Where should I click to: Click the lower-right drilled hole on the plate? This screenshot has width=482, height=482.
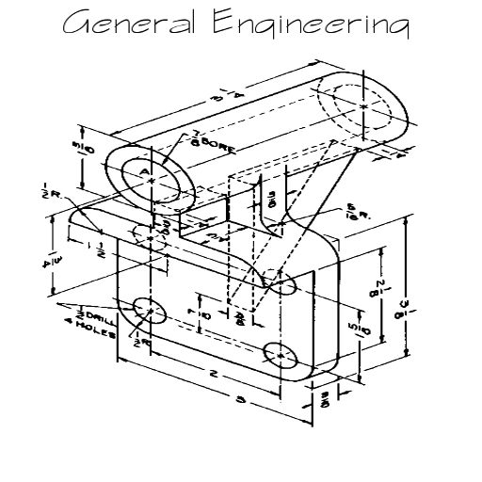pos(281,355)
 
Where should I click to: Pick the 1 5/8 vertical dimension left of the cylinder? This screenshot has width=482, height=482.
pos(84,152)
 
